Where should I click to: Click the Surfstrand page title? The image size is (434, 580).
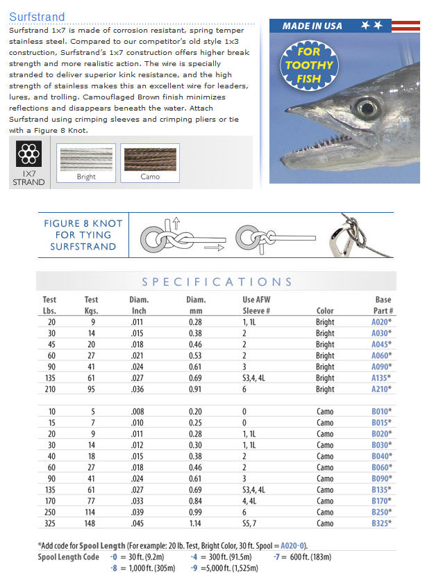click(37, 17)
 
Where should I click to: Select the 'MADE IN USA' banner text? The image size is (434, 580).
click(312, 26)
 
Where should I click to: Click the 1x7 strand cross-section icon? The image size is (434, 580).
click(28, 152)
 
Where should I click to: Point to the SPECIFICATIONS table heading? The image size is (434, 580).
click(217, 282)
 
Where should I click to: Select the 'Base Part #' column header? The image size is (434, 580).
click(383, 305)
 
